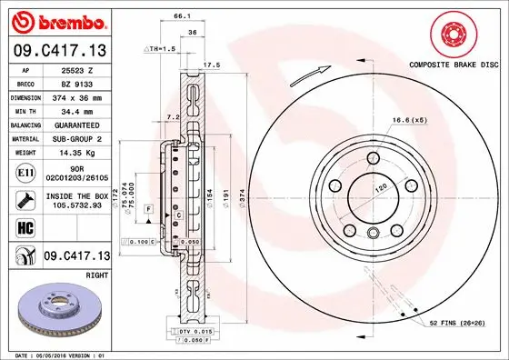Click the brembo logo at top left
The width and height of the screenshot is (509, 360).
[57, 20]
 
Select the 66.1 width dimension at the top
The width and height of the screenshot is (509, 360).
[181, 16]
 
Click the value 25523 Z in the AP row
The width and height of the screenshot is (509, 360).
[75, 69]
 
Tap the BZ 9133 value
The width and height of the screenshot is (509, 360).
[75, 83]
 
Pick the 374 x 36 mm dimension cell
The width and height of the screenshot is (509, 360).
[75, 96]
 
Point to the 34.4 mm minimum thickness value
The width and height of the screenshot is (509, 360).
[75, 110]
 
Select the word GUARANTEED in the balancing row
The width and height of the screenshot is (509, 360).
[75, 125]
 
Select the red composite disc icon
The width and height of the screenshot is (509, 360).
[452, 34]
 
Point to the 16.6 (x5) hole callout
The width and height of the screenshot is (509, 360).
[409, 120]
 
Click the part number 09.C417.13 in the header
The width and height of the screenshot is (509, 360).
[57, 49]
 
